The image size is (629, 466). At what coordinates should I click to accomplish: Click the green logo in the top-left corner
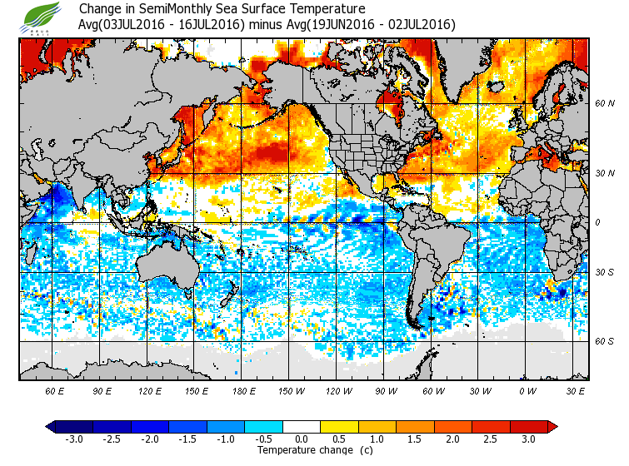tap(42, 16)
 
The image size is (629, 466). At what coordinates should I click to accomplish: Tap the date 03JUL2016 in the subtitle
tap(138, 25)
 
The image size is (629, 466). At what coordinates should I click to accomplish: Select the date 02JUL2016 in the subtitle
tap(422, 25)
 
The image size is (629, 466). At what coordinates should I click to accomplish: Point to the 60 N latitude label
tap(605, 103)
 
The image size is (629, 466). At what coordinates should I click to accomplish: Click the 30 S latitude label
tap(605, 273)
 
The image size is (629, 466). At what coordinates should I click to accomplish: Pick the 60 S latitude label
tap(605, 341)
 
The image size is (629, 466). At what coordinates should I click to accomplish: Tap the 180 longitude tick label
tap(243, 389)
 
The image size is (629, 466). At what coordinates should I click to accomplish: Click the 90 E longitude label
tap(102, 389)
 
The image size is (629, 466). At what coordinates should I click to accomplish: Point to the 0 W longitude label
tap(527, 389)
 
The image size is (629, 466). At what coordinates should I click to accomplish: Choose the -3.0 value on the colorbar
tap(73, 439)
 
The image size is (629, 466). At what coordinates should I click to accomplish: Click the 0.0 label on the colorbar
tap(302, 439)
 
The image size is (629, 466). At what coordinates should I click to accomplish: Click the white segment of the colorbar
tap(302, 426)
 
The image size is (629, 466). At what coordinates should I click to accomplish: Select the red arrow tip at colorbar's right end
tap(552, 426)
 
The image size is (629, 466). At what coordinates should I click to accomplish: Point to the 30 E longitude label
tap(576, 389)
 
